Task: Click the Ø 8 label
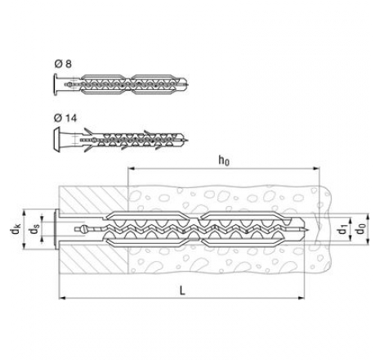[63, 64]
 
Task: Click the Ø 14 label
[65, 118]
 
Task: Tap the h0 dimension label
[224, 160]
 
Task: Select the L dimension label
[182, 290]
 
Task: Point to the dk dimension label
[16, 229]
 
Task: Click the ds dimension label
[34, 229]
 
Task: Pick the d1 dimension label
[342, 230]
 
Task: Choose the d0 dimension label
[360, 229]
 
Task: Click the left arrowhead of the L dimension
[62, 298]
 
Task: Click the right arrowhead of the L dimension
[302, 298]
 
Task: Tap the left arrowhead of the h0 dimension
[131, 169]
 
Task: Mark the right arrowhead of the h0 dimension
[316, 169]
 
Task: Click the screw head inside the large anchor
[83, 229]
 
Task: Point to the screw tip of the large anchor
[306, 229]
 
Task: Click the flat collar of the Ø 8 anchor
[56, 84]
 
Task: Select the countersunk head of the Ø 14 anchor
[56, 140]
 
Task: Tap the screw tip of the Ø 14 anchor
[186, 140]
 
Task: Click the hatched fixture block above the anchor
[93, 199]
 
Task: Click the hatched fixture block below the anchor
[93, 259]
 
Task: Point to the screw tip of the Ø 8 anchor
[187, 84]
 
